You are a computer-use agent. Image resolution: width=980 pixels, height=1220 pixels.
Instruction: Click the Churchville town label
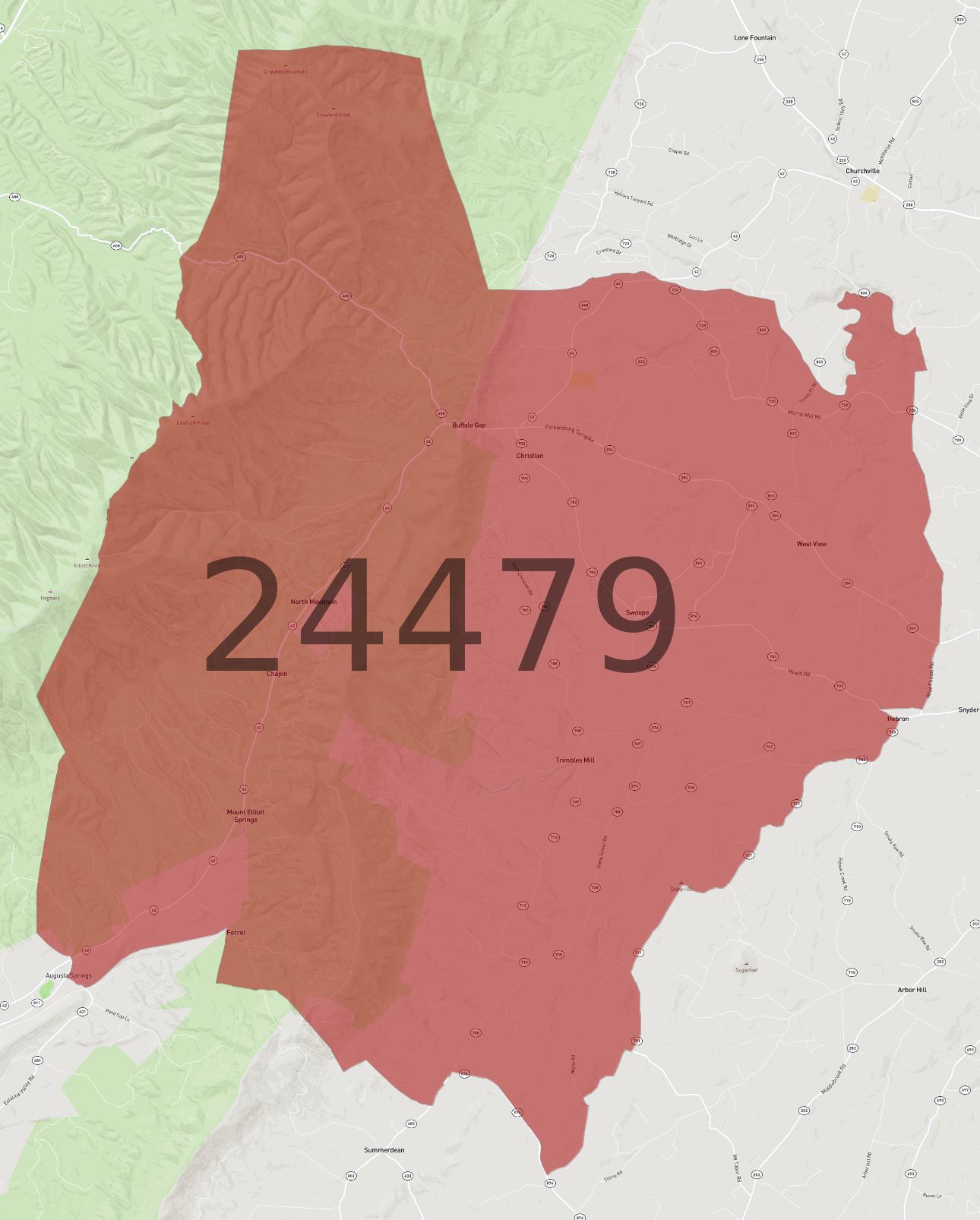click(862, 171)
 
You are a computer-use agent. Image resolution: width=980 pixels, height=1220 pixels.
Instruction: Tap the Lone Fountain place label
click(754, 38)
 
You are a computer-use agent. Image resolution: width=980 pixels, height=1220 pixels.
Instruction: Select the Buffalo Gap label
click(469, 425)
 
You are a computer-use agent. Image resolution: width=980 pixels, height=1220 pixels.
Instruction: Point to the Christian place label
click(530, 456)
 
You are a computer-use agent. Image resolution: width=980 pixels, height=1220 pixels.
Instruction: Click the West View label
click(811, 544)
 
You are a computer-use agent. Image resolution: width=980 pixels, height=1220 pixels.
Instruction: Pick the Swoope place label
click(637, 612)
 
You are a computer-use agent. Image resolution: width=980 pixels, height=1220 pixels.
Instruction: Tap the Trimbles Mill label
click(575, 760)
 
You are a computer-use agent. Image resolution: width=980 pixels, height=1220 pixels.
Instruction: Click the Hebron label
click(898, 719)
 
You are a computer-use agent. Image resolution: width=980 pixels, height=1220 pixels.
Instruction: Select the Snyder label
click(968, 710)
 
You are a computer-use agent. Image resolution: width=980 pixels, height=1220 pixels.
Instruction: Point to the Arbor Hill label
click(912, 990)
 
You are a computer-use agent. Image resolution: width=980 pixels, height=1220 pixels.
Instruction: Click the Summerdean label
click(384, 1150)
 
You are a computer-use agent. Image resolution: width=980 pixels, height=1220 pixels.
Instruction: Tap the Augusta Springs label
click(68, 975)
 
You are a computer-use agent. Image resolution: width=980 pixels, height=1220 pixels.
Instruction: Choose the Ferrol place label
click(236, 932)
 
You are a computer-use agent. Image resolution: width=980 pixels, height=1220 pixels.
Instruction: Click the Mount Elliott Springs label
click(245, 816)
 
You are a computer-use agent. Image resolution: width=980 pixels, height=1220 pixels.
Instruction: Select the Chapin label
click(277, 674)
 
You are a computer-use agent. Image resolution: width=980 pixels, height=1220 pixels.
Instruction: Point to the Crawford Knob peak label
click(334, 115)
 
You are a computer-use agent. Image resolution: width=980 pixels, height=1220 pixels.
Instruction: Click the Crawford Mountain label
click(286, 71)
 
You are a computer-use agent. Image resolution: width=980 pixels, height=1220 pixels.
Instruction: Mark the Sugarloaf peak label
click(746, 969)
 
